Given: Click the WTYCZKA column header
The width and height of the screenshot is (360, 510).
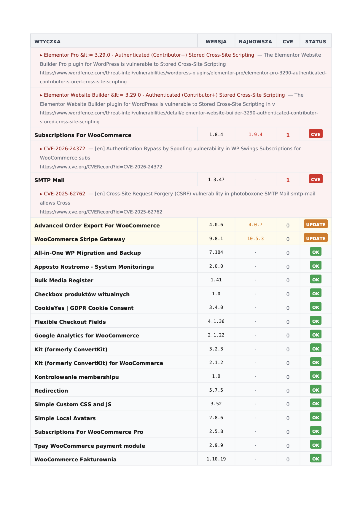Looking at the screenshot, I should (x=47, y=42).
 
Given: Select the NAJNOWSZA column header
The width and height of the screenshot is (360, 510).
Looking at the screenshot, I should (x=255, y=42).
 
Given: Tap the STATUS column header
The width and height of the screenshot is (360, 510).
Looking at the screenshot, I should (x=316, y=42).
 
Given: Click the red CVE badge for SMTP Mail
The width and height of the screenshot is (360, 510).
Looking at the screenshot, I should (x=316, y=179).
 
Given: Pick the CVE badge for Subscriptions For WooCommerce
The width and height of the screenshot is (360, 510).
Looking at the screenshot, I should (x=316, y=134).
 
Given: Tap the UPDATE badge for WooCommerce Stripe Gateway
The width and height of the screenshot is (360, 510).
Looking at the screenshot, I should (x=316, y=238).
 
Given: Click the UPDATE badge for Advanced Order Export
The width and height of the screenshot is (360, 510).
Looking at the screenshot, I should (x=316, y=224).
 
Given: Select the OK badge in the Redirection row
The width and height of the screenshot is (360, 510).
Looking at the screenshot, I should (x=316, y=390).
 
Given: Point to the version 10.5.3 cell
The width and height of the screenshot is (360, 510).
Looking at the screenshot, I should (x=255, y=239).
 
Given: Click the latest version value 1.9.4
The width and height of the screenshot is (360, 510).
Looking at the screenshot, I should (x=255, y=135).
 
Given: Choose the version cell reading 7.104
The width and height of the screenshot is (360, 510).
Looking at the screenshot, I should (x=216, y=252).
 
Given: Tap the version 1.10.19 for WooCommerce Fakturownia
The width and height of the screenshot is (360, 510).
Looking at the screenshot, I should (x=216, y=459).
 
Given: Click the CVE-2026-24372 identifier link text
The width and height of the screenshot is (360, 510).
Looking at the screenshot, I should (x=64, y=149).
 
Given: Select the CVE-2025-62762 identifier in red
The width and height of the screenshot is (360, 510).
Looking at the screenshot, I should (x=64, y=194).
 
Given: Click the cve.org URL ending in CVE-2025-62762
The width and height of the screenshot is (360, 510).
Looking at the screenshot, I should (x=101, y=212).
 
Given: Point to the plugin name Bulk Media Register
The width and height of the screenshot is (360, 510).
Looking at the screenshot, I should (x=64, y=280).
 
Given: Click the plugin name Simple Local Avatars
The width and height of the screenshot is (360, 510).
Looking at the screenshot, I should (x=65, y=418).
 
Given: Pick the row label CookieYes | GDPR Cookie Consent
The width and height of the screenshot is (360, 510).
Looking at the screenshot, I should (x=84, y=308).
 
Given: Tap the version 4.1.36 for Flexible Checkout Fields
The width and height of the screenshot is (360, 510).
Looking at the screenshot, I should (x=216, y=321).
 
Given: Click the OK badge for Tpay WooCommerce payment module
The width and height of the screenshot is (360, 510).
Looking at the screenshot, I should (x=316, y=445).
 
